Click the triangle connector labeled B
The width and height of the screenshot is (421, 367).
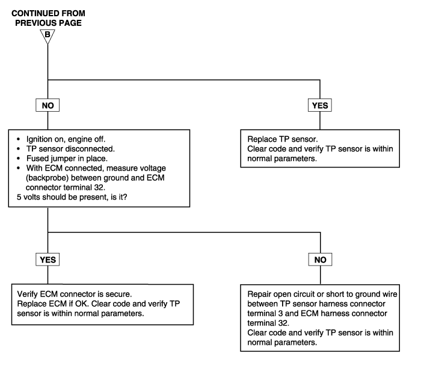point(48,36)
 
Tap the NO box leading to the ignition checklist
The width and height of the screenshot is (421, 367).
point(48,105)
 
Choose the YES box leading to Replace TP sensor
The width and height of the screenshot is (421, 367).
point(320,105)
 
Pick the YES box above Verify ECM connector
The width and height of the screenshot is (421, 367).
point(48,259)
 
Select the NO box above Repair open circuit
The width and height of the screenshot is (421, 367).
point(320,259)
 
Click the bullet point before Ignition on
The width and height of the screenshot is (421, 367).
point(18,139)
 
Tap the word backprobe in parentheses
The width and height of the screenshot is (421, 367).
point(48,178)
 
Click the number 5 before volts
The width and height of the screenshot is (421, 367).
point(19,197)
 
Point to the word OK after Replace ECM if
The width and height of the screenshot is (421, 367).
point(82,304)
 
